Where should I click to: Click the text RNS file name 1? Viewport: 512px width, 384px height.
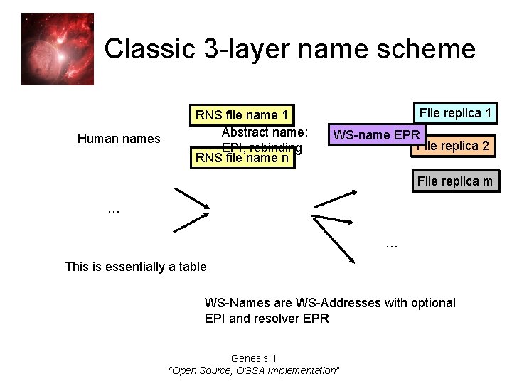[x=242, y=115]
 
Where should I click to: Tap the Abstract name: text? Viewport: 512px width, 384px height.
[x=265, y=132]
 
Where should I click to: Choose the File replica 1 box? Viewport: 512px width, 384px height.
[x=455, y=113]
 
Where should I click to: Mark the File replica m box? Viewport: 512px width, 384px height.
[x=455, y=181]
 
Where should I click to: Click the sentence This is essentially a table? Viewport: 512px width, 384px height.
[x=135, y=267]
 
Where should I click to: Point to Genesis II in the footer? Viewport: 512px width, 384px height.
[x=254, y=358]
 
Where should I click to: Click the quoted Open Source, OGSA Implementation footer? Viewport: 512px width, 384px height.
[x=254, y=370]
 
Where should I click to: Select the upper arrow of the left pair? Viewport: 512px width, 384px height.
[x=192, y=198]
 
